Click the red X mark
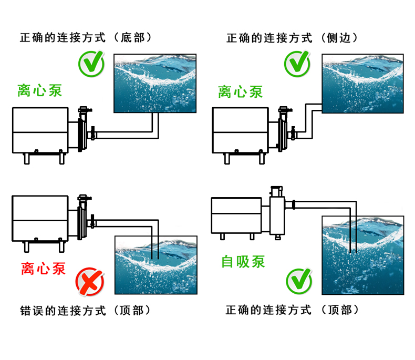[x=90, y=281]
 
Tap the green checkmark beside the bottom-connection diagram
[x=91, y=63]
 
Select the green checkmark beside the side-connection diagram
[x=297, y=63]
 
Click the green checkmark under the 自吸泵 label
[x=298, y=281]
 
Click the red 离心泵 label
[x=44, y=269]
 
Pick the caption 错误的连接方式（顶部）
[x=87, y=310]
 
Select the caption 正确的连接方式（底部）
[x=87, y=38]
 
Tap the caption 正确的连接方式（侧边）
[x=293, y=38]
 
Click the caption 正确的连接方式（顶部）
[x=293, y=310]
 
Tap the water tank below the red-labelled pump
[x=156, y=264]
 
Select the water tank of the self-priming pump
[x=362, y=255]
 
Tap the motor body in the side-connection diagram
[x=239, y=130]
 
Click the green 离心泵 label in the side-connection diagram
[x=241, y=92]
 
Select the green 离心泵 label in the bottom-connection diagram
[x=40, y=90]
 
